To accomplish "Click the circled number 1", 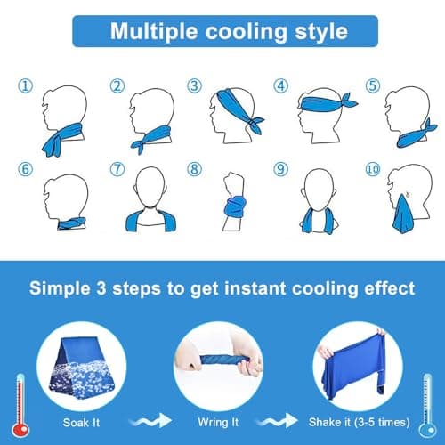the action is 26,86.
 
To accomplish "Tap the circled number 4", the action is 280,85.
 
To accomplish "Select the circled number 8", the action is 194,169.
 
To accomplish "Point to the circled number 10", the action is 373,169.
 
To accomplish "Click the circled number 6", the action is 26,169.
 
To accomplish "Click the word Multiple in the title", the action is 154,32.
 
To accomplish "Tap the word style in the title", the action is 321,32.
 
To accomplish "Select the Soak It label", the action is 81,423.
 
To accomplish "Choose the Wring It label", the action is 218,422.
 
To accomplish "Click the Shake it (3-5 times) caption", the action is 359,422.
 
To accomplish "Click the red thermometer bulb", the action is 20,429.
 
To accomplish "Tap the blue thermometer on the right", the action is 427,406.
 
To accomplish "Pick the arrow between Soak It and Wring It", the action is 150,421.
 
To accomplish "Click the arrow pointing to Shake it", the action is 277,421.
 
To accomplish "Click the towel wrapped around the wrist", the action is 235,207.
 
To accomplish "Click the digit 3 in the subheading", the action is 101,287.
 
